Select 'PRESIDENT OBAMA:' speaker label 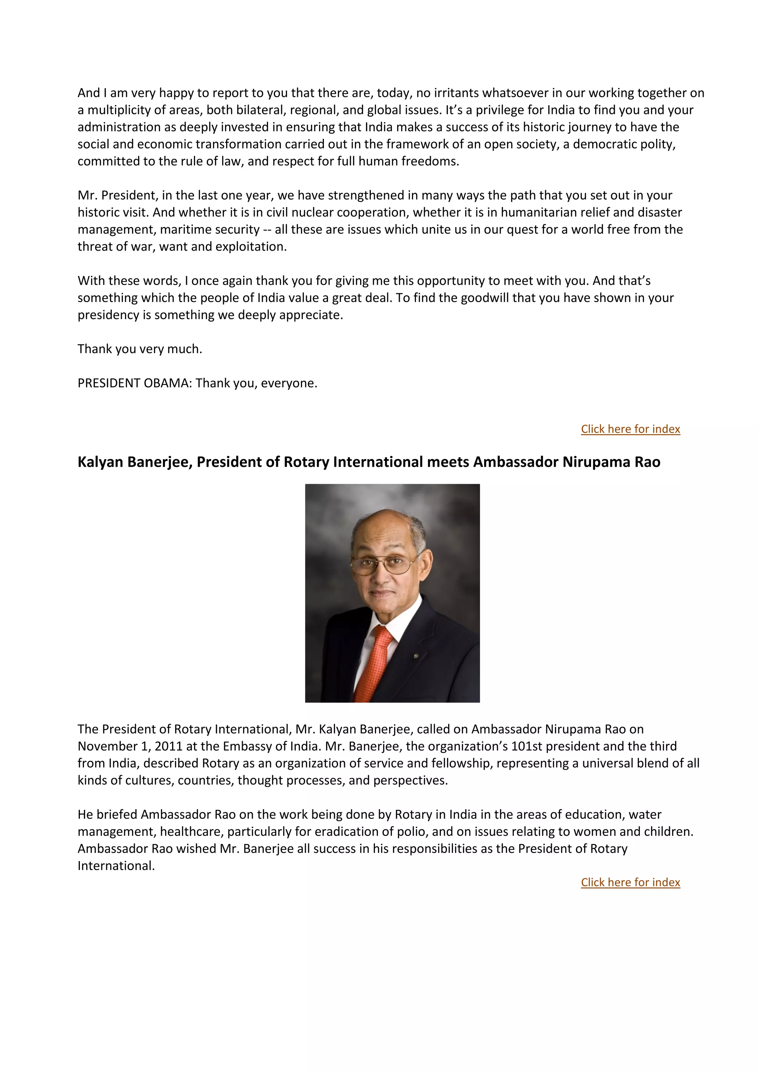134,383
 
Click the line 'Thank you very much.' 140,349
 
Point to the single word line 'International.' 116,866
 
